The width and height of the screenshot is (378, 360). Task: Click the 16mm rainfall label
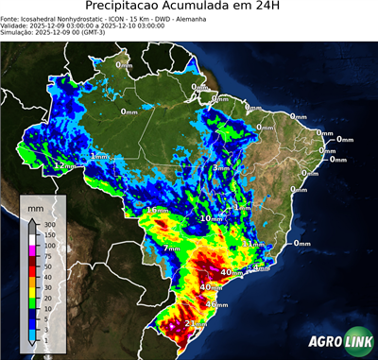[157, 209]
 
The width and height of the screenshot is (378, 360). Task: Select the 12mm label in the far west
[63, 165]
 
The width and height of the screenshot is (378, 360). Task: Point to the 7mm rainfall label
[172, 248]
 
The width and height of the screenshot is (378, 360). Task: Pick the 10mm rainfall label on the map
[211, 218]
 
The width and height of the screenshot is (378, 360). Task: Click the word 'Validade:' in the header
[17, 25]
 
